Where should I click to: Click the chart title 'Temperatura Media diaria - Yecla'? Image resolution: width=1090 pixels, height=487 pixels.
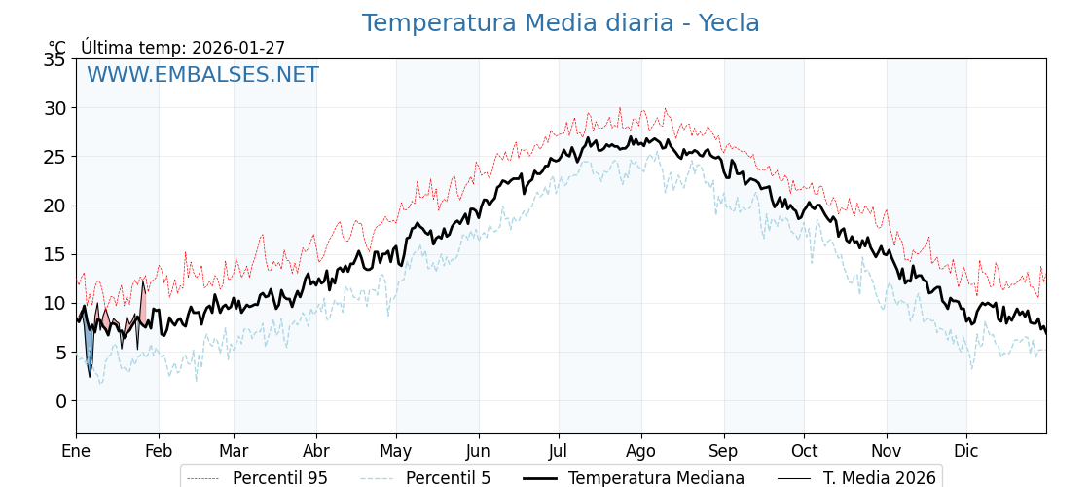[x=561, y=23]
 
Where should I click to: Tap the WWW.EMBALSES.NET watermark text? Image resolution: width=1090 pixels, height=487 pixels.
[x=202, y=75]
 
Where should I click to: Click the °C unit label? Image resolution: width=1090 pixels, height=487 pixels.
[x=57, y=48]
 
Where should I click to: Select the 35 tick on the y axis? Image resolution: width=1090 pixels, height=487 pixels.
[x=54, y=59]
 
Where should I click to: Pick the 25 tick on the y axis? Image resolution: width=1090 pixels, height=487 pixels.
[x=54, y=157]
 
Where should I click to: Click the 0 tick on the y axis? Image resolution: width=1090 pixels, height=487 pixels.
[x=60, y=401]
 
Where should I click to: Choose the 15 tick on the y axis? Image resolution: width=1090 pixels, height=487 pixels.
[x=54, y=254]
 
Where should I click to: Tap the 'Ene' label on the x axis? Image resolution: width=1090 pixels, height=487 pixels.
[x=76, y=451]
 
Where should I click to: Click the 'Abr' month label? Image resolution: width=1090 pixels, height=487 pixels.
[x=316, y=451]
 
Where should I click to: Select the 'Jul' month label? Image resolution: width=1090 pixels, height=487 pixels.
[x=559, y=451]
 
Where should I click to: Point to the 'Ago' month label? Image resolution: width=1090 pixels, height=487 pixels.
[x=641, y=451]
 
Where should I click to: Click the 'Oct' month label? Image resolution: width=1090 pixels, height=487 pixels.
[x=804, y=451]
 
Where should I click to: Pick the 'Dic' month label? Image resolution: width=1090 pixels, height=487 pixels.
[x=966, y=451]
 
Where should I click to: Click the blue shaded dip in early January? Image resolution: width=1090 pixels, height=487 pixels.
[x=89, y=352]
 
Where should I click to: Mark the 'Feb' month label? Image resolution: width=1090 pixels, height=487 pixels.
[x=159, y=451]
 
